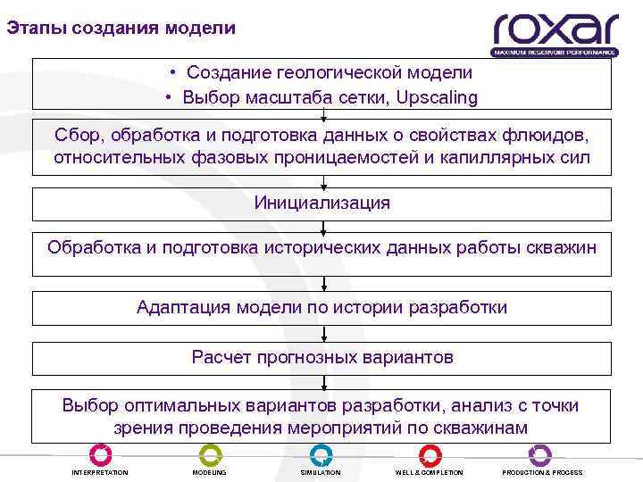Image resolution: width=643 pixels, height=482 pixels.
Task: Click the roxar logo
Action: [555, 34]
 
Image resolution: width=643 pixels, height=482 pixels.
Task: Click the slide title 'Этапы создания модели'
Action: [121, 28]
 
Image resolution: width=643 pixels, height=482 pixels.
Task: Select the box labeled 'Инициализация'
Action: [322, 204]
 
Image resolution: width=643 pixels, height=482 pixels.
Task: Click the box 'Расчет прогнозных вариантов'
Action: [322, 358]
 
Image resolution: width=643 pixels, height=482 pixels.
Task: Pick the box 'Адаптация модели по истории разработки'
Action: [322, 308]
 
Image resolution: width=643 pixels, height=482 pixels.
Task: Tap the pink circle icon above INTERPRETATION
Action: [101, 453]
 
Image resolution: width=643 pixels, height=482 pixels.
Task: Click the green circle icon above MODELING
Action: [210, 453]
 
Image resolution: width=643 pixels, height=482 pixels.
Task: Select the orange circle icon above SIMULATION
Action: [321, 453]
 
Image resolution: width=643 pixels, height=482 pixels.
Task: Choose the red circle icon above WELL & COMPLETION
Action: [429, 453]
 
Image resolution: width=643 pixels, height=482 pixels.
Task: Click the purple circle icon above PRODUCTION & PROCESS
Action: [542, 453]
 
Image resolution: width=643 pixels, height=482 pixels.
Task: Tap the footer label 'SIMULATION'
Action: [321, 472]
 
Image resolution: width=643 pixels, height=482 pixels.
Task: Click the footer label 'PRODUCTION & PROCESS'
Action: [542, 472]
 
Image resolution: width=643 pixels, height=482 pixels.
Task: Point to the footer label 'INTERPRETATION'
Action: [100, 472]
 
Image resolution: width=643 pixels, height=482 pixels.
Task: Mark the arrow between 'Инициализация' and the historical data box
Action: [323, 226]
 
